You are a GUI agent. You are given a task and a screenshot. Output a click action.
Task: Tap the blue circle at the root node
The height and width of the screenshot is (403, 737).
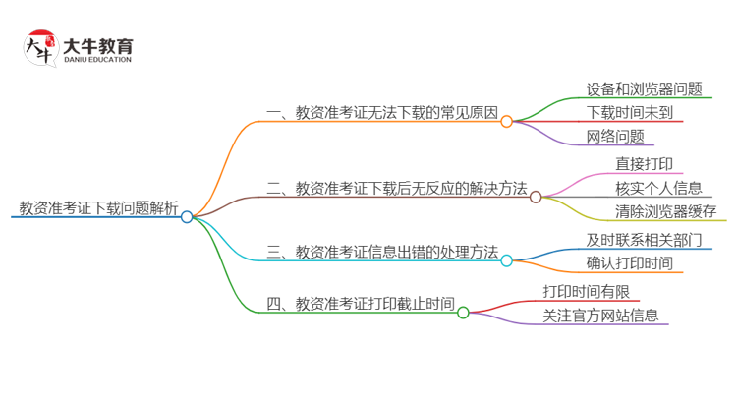click(187, 217)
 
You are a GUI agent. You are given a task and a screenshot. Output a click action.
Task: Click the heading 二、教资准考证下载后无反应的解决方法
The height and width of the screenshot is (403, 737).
click(397, 187)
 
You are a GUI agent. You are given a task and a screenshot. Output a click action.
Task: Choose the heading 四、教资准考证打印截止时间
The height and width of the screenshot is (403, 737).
click(361, 304)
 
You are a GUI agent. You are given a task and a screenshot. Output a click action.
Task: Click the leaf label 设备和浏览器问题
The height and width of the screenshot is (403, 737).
click(645, 88)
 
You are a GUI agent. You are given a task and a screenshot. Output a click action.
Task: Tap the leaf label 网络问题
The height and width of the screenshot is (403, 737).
click(615, 137)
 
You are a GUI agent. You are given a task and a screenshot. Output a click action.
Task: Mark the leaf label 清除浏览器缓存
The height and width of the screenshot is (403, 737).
click(652, 210)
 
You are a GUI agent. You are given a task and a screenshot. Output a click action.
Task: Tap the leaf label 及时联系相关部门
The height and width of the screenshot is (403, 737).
click(644, 239)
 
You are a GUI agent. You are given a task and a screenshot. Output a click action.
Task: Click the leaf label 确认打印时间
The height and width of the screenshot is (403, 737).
click(629, 262)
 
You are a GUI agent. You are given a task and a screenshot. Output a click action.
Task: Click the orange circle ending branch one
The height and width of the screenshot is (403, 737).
click(506, 122)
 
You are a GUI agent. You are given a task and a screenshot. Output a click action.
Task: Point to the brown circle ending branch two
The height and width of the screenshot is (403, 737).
click(536, 197)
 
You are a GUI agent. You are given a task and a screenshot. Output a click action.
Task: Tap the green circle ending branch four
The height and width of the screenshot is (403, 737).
click(463, 314)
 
